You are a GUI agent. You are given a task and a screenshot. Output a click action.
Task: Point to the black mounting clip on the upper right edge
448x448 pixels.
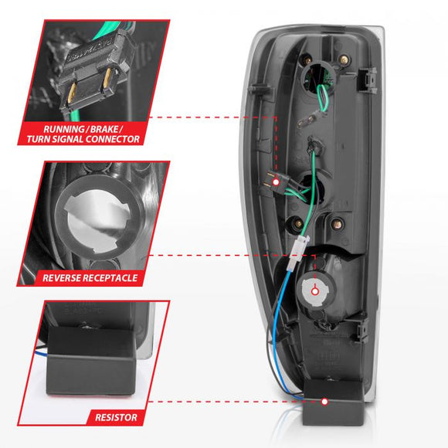369,76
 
